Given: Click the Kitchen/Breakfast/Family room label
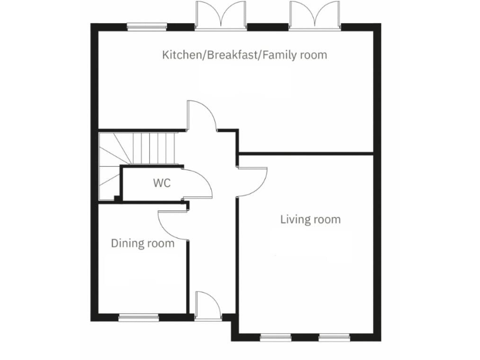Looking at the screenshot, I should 244,55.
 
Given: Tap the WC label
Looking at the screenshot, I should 162,183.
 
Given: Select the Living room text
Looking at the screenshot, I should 310,219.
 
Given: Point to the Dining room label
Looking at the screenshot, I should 142,243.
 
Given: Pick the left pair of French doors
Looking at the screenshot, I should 221,16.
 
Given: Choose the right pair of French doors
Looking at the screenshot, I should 314,16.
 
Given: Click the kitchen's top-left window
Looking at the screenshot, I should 147,27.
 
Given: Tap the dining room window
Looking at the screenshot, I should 138,316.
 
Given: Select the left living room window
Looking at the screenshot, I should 276,337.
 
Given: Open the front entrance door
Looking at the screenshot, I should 207,306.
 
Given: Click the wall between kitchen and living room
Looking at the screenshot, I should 306,152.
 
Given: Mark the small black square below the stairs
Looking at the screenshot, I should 117,199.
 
